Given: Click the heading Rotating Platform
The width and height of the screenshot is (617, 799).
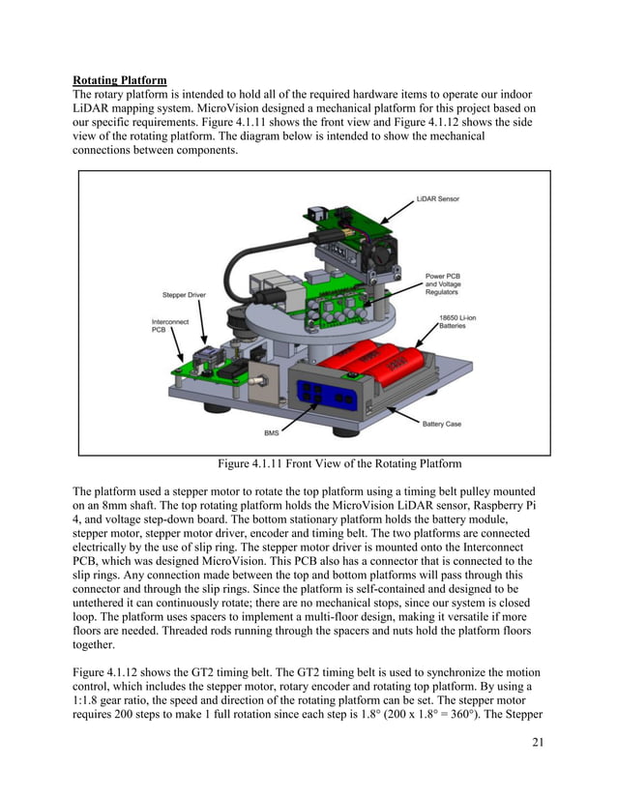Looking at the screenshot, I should [x=120, y=79].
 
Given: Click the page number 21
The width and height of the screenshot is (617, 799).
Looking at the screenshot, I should [x=539, y=741].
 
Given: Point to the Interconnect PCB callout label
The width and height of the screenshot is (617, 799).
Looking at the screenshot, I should [x=170, y=326].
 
